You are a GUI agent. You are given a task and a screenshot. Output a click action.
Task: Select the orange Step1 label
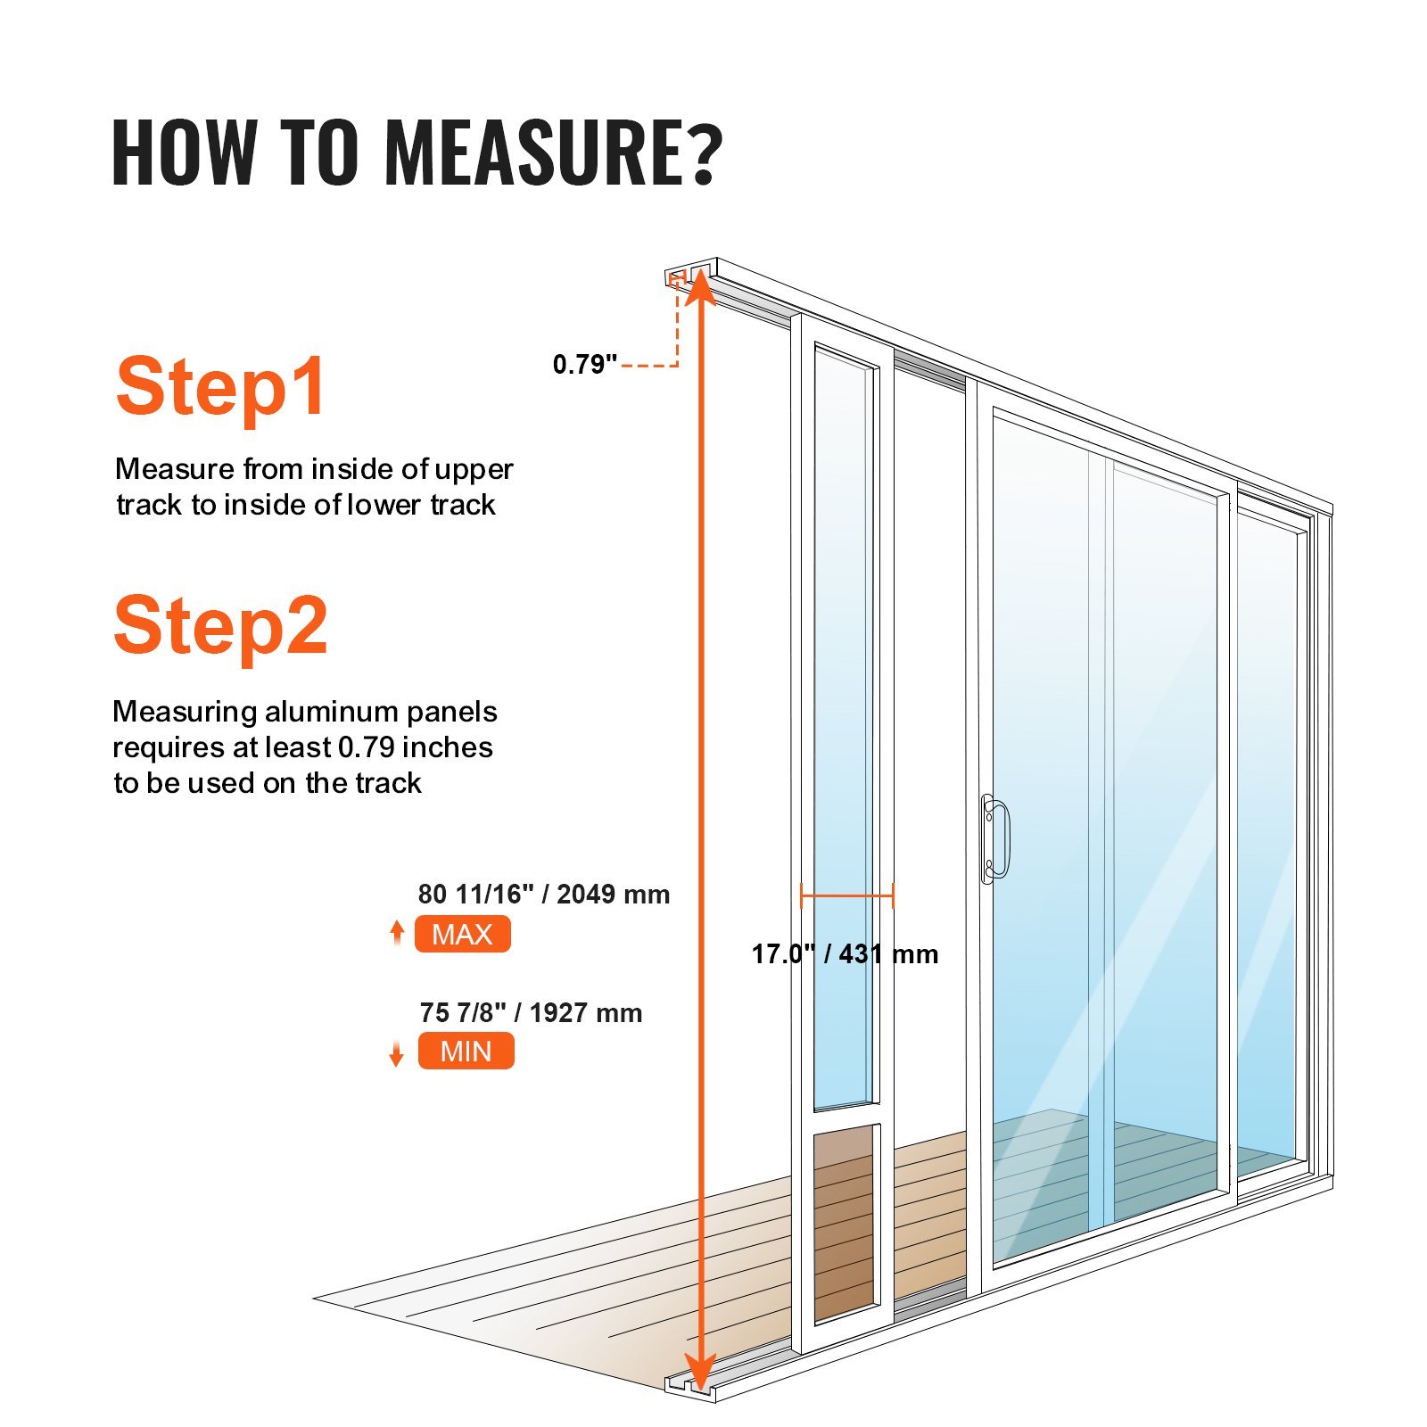pyautogui.click(x=220, y=387)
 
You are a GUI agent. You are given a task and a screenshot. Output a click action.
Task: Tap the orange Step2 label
pyautogui.click(x=220, y=626)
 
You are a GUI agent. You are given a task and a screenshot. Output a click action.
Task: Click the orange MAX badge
pyautogui.click(x=462, y=934)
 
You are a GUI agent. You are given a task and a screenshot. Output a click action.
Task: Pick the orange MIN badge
pyautogui.click(x=466, y=1051)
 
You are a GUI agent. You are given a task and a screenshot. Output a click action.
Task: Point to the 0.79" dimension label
pyautogui.click(x=584, y=364)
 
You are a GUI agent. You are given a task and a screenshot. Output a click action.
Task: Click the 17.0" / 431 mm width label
pyautogui.click(x=844, y=953)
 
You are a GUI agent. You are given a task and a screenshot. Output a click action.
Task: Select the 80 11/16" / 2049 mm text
pyautogui.click(x=543, y=894)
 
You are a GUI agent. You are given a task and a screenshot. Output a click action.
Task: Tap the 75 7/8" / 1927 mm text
pyautogui.click(x=531, y=1012)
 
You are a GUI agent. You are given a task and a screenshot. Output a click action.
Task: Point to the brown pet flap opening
pyautogui.click(x=843, y=1222)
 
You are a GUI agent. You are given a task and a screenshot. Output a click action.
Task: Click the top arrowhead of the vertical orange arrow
pyautogui.click(x=700, y=285)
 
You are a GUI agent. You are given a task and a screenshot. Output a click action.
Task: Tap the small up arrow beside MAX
pyautogui.click(x=397, y=932)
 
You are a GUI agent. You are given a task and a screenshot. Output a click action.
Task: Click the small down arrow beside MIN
pyautogui.click(x=397, y=1054)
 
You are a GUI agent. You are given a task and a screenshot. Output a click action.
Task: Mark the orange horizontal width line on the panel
pyautogui.click(x=846, y=895)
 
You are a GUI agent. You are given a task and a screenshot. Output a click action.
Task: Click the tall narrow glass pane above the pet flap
pyautogui.click(x=842, y=731)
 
